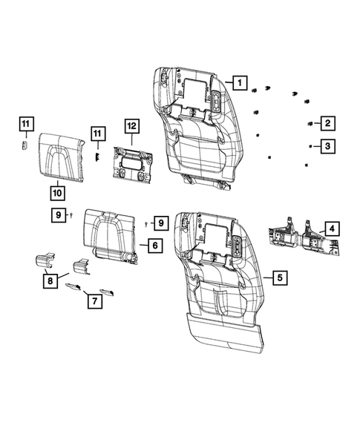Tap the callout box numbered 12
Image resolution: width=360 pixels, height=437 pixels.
tap(131, 128)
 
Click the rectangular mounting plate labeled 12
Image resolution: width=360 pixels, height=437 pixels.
tap(132, 164)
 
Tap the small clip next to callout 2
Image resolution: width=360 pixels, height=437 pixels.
tap(309, 122)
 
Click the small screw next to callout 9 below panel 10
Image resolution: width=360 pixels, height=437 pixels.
tap(70, 214)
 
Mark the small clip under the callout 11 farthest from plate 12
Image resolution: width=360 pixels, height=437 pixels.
tap(23, 144)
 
